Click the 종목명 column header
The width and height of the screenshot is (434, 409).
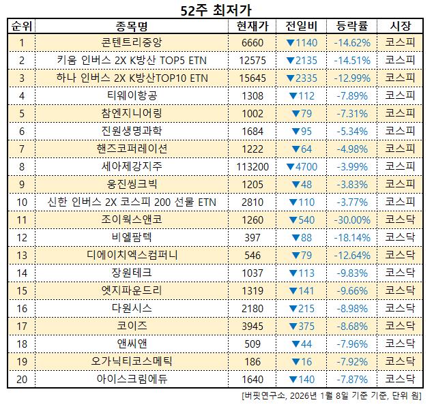[x=132, y=27]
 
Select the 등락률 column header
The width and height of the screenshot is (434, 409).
[x=352, y=27]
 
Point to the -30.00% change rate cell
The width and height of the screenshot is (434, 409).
[x=352, y=219]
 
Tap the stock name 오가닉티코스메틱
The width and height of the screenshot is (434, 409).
[x=132, y=360]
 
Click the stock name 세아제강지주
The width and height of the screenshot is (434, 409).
[x=132, y=166]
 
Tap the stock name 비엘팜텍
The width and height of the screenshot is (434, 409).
[x=132, y=237]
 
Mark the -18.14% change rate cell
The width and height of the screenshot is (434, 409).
[x=352, y=237]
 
